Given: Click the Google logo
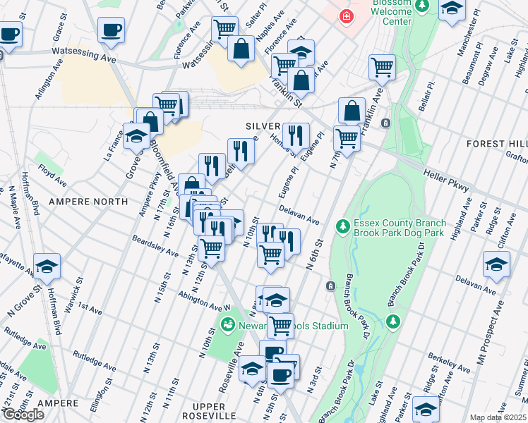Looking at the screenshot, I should pos(23,415).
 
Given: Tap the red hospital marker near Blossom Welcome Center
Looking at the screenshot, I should pos(346,16).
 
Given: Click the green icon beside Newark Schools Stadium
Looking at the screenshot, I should pos(228,325).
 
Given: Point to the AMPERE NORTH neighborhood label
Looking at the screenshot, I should pos(88,201).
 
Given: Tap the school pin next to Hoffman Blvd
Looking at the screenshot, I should pos(47,266).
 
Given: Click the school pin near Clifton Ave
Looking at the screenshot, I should pos(496,264).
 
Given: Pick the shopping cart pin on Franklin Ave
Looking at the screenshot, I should pos(381,68).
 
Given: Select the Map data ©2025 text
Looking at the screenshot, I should pos(498,417).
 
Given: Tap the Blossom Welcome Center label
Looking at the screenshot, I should pos(388,15).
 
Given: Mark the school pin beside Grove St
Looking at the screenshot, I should pos(136,137).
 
